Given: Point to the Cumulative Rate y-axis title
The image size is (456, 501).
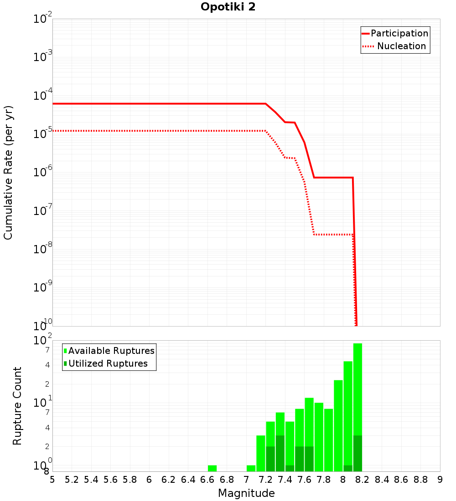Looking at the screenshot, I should [x=8, y=172].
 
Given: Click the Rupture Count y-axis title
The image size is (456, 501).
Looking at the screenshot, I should [x=17, y=406].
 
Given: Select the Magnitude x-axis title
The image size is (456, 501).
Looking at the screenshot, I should [x=246, y=493].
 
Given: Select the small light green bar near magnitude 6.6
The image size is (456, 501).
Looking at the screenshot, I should [x=212, y=468].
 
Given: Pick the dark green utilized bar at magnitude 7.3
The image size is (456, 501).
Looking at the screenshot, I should [x=280, y=453].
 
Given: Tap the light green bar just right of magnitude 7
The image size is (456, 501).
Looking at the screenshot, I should [x=251, y=468].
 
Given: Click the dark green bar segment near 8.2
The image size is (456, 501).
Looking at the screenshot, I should [x=358, y=453].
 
